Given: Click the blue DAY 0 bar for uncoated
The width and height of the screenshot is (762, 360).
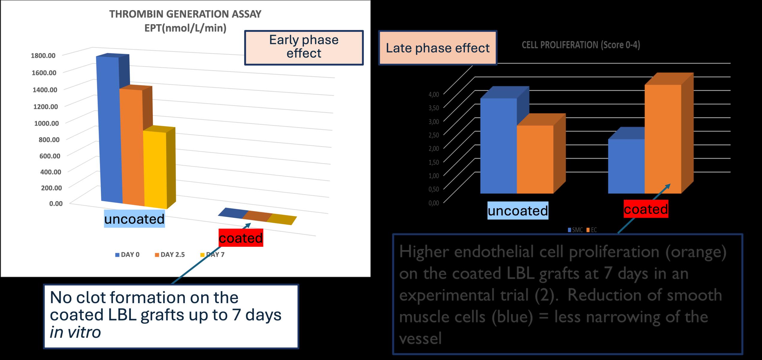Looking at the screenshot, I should [110, 129].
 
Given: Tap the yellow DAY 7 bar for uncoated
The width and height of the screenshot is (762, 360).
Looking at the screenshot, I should [155, 169].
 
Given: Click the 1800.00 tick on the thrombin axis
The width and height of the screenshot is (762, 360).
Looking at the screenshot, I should [43, 56].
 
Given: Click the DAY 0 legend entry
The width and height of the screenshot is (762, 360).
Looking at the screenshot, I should [127, 255].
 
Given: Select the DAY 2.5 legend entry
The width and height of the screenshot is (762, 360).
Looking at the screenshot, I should [170, 255].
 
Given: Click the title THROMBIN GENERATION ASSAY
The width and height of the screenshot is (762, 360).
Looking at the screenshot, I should [185, 14].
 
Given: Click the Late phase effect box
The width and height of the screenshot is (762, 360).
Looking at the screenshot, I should [437, 48].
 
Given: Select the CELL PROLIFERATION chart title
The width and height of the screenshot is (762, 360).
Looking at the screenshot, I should [581, 45].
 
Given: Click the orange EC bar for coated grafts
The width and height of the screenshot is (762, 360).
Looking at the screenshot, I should [663, 139].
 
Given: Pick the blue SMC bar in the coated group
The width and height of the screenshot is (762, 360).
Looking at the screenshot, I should [626, 166].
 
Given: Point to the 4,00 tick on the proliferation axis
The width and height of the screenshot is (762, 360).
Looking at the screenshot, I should [433, 94].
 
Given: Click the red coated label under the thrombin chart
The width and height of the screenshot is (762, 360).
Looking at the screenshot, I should [241, 238].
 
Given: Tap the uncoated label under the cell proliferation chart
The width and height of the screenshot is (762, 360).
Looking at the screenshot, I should [518, 211].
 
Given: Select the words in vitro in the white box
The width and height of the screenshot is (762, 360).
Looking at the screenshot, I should [75, 332].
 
